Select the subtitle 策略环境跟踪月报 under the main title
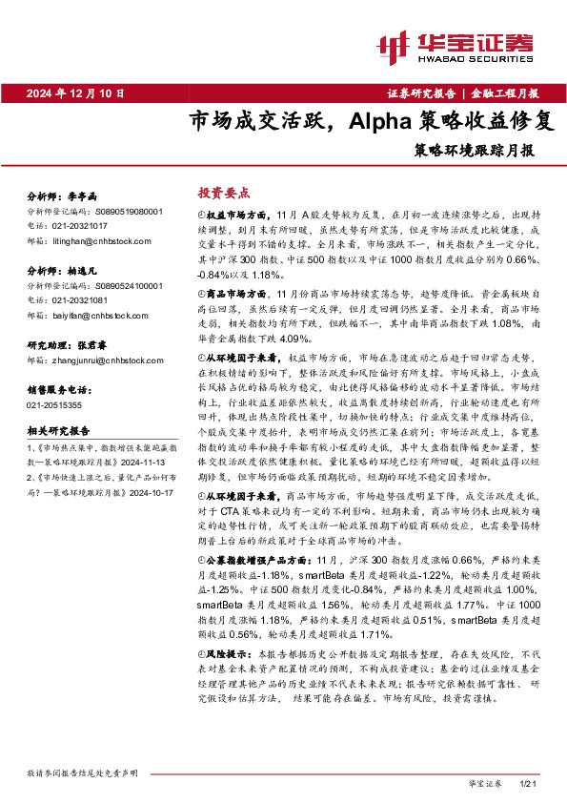click(474, 150)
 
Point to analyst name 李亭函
click(83, 194)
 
